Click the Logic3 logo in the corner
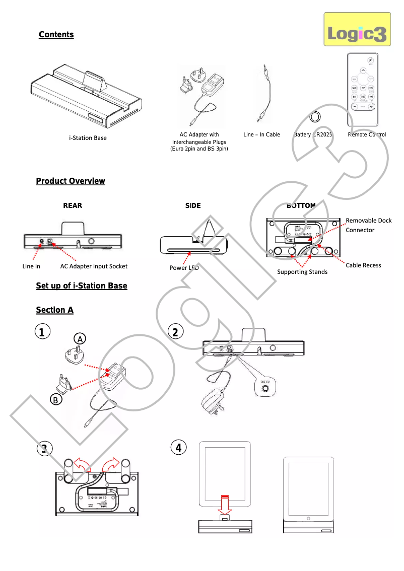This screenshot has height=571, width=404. pos(357,30)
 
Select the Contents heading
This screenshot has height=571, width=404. pos(56,34)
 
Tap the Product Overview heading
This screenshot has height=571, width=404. pos(71,181)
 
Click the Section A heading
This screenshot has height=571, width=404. pos(54,310)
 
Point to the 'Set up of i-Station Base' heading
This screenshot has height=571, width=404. pos(82,285)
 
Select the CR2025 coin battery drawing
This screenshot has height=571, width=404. pos(315,117)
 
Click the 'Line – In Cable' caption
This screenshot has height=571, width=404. pos(261,135)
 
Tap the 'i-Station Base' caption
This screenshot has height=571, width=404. pos(88,137)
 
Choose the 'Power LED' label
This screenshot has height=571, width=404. pos(184,268)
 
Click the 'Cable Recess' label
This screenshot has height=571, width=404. pos(363,265)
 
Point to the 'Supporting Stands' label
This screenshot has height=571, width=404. pos(302,272)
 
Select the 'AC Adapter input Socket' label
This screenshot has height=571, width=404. pos(94,266)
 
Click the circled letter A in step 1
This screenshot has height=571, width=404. pos(79,338)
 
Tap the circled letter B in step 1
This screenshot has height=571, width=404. pos(56,400)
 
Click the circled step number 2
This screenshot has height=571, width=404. pos(175,332)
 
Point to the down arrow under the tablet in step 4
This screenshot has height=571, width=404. pos(225,506)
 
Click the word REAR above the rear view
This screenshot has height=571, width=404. pos(73,205)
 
